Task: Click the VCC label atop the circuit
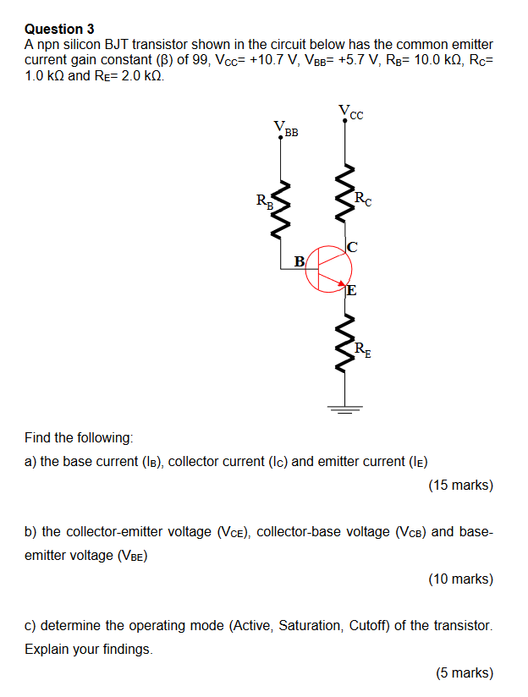[351, 111]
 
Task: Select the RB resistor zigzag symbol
[282, 207]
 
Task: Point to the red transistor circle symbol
[329, 268]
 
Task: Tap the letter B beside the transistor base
[299, 261]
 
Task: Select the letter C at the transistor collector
[353, 247]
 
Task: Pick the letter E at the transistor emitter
[351, 291]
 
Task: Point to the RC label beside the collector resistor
[361, 200]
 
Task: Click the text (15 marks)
[460, 486]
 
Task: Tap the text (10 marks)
[460, 579]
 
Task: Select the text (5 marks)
[464, 672]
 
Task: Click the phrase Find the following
[79, 438]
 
